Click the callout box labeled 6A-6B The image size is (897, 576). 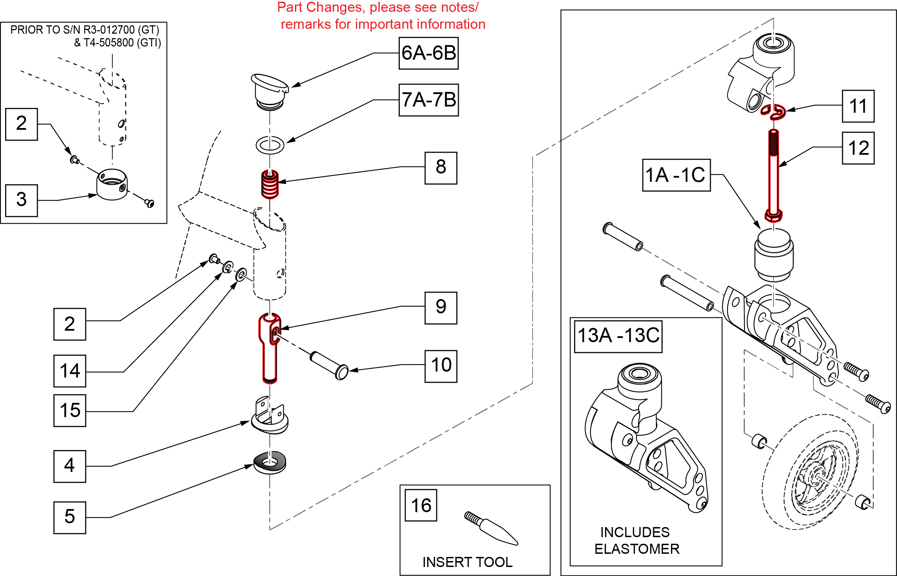coord(428,53)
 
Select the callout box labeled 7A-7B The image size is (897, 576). coord(428,100)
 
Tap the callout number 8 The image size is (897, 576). coord(441,168)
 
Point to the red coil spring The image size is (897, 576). coord(269,184)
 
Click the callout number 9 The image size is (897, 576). coord(441,308)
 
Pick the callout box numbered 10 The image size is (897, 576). coord(441,366)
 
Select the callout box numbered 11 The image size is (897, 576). coord(858,106)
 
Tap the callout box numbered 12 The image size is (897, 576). coord(858,148)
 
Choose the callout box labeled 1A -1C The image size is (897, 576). coord(676,175)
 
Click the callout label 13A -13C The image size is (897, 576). coord(618,336)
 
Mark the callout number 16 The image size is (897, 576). coord(421,505)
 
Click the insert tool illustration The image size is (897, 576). coord(491,528)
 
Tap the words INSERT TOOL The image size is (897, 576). coord(467,562)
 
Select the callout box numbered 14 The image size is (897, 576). coord(70,371)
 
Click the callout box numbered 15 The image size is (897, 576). coord(70,410)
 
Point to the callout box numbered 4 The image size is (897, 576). coord(70,466)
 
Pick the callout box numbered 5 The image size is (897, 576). coord(70,517)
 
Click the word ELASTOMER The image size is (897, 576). coord(637,549)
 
